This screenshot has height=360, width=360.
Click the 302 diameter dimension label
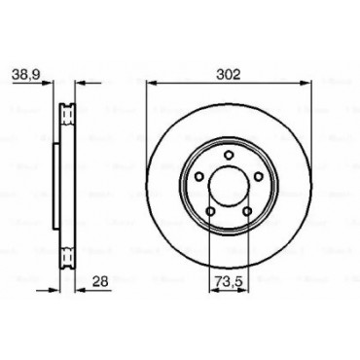pyautogui.click(x=229, y=75)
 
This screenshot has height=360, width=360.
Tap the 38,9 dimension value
pyautogui.click(x=26, y=75)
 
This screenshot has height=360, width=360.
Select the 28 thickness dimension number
pyautogui.click(x=100, y=281)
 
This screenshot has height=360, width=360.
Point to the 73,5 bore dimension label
pyautogui.click(x=229, y=282)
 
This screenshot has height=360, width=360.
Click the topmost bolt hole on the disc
pyautogui.click(x=229, y=155)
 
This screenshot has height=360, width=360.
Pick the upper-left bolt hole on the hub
pyautogui.click(x=199, y=177)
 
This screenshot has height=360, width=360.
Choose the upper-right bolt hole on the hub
pyautogui.click(x=259, y=177)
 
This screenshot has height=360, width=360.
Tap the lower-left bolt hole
pyautogui.click(x=210, y=212)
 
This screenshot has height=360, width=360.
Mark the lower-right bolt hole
pyautogui.click(x=247, y=212)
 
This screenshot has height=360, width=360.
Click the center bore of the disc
pyautogui.click(x=229, y=186)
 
